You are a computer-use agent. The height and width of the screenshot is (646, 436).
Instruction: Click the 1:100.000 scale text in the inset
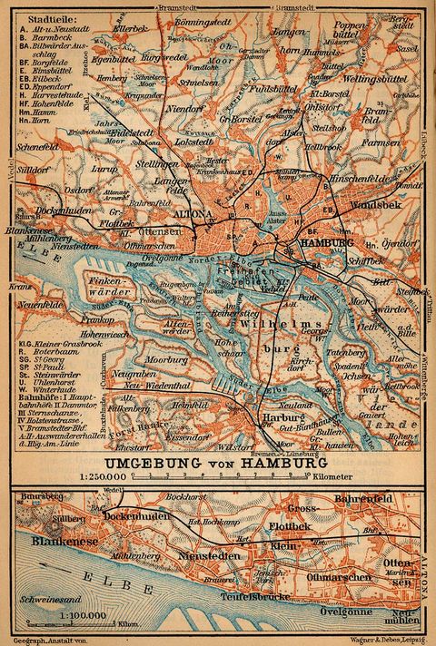click(87, 617)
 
